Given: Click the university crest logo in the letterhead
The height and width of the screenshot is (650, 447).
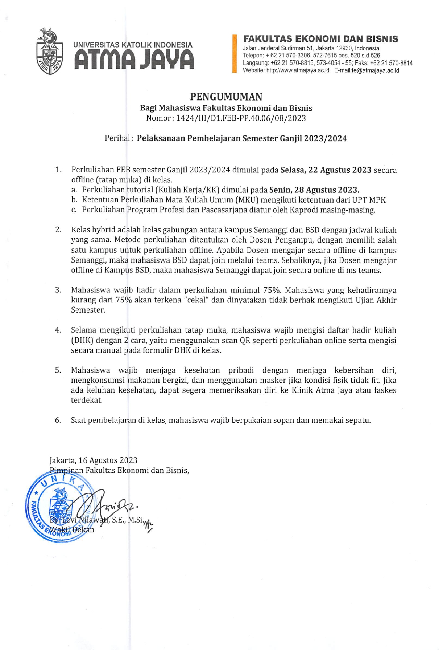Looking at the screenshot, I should pyautogui.click(x=49, y=51).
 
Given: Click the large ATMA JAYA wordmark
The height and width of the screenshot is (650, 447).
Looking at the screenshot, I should pyautogui.click(x=133, y=60).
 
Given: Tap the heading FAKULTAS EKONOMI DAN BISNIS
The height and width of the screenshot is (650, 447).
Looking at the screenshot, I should pyautogui.click(x=320, y=39).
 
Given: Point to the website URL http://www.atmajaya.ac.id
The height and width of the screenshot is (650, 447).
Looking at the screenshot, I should pyautogui.click(x=298, y=70).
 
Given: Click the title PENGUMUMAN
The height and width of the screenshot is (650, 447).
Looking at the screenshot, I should pyautogui.click(x=226, y=97).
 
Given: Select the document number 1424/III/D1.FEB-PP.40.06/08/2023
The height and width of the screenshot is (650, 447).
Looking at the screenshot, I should pyautogui.click(x=241, y=118).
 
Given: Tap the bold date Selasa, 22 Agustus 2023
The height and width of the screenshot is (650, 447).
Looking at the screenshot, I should pyautogui.click(x=326, y=170).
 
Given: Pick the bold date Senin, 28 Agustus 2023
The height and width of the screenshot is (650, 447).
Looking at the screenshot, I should pyautogui.click(x=314, y=190).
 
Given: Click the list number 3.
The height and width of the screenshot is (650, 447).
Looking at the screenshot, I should pyautogui.click(x=58, y=290).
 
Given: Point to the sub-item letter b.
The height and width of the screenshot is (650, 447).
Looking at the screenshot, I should pyautogui.click(x=74, y=200).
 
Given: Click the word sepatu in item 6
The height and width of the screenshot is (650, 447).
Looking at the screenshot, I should pyautogui.click(x=359, y=421).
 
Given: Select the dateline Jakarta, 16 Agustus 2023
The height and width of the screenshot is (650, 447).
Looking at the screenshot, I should pyautogui.click(x=93, y=460).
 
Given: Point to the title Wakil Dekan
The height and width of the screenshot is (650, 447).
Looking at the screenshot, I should pyautogui.click(x=72, y=530).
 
